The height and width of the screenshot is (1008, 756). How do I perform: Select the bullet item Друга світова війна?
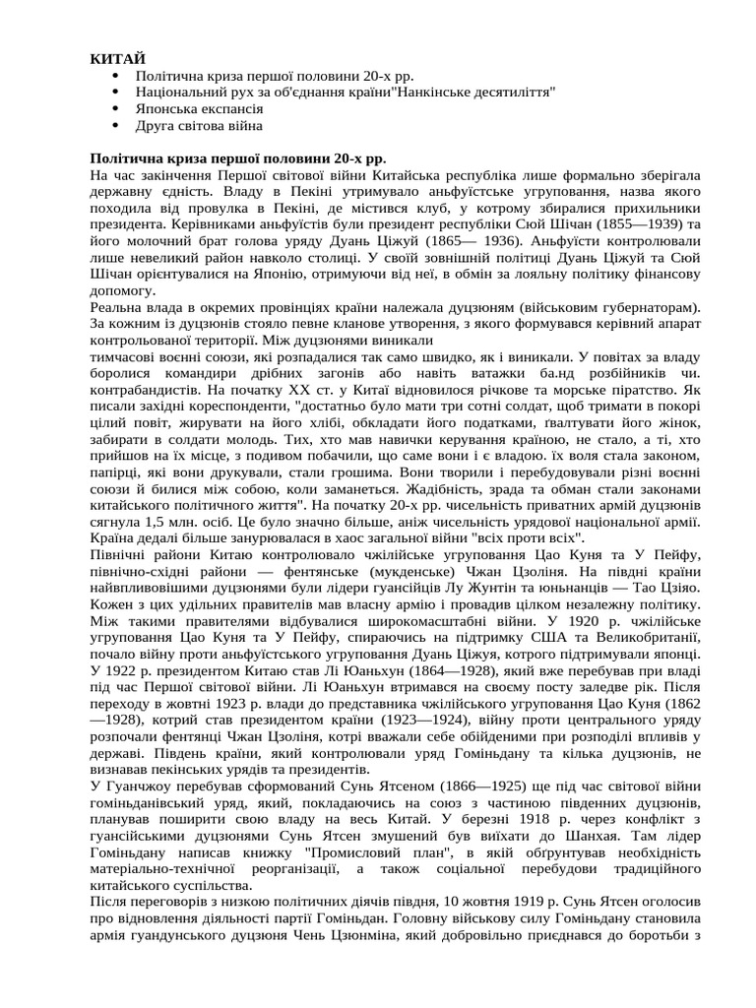[x=199, y=126]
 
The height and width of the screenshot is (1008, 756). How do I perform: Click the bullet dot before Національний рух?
[x=117, y=93]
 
